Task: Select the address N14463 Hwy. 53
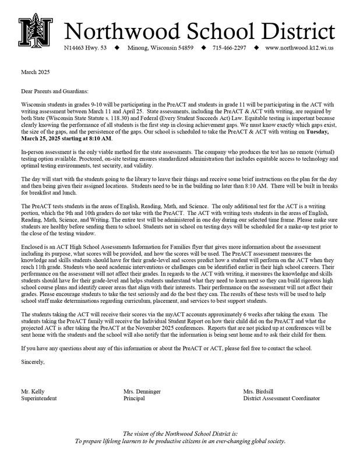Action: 86,48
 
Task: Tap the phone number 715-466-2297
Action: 229,48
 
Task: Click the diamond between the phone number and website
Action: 256,48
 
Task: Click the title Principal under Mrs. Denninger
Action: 135,398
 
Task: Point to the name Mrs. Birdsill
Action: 259,391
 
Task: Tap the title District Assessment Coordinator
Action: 282,398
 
